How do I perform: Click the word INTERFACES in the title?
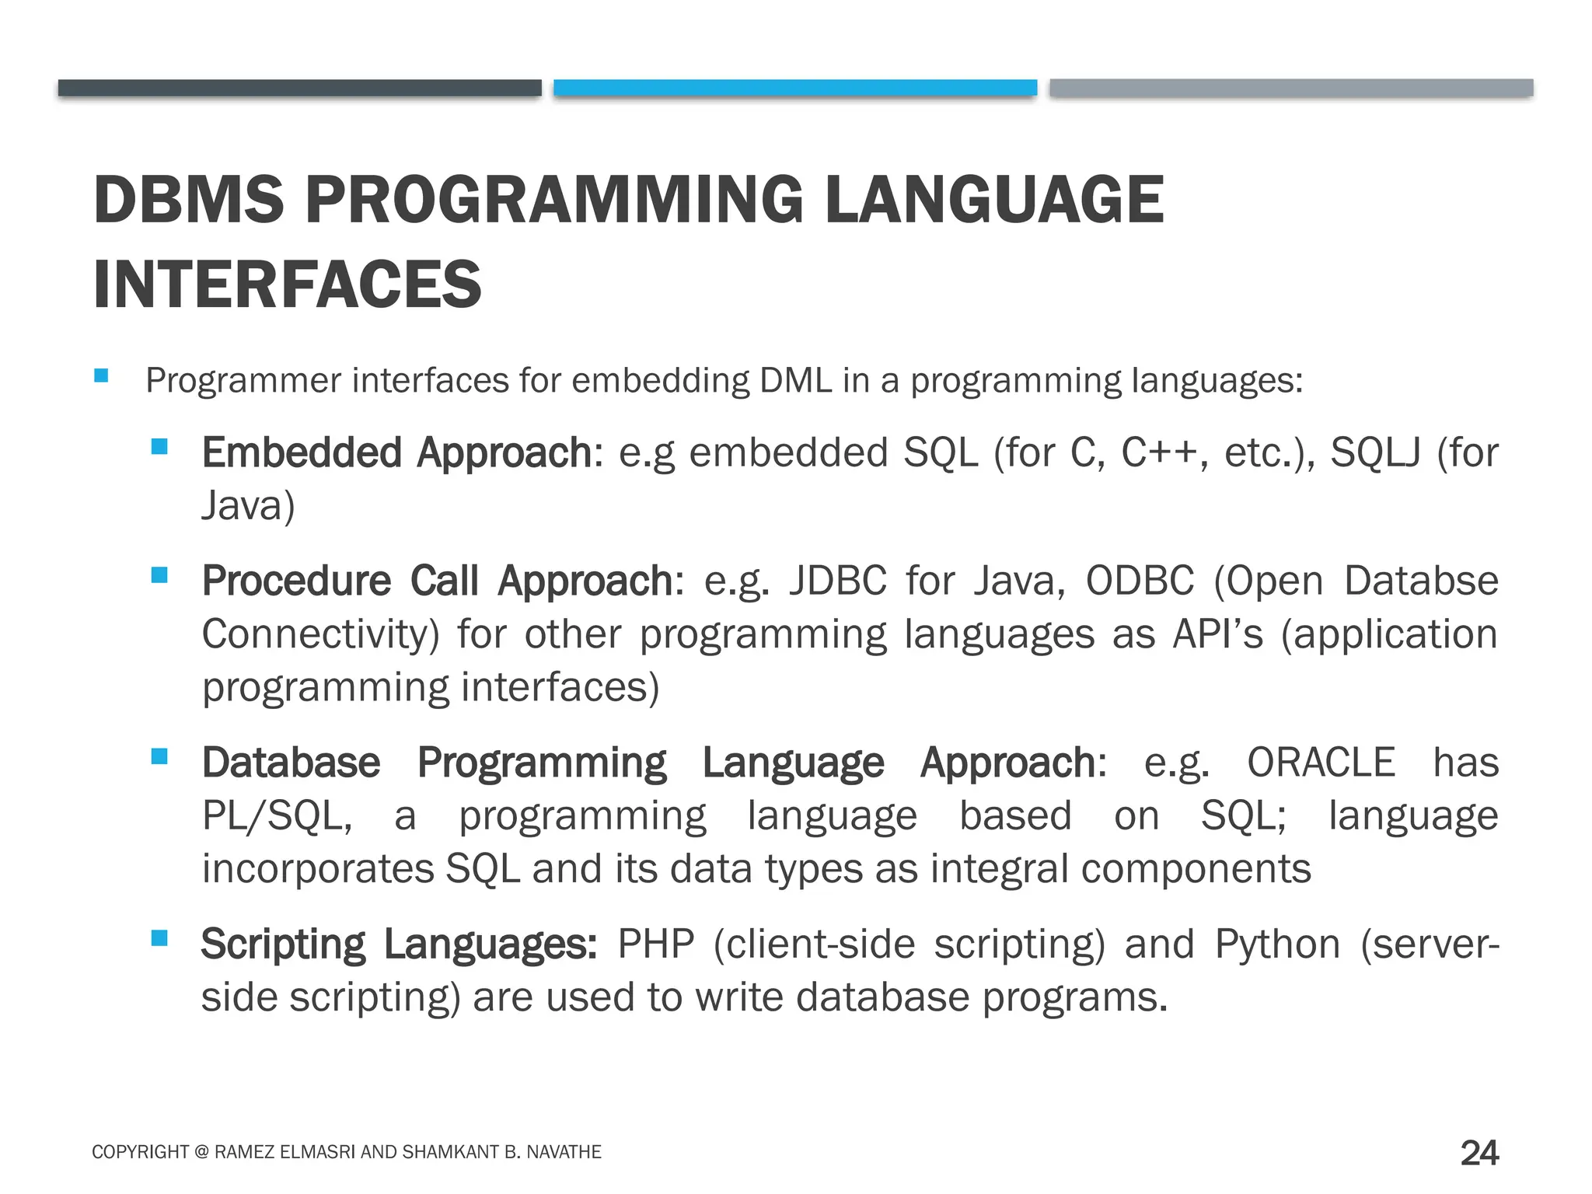[x=287, y=285]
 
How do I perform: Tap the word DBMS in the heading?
[x=189, y=200]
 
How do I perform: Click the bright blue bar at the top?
[x=794, y=87]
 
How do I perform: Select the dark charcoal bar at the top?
[x=299, y=87]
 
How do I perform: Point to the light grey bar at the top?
[x=1290, y=87]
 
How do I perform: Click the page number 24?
[x=1479, y=1152]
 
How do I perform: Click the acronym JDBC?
[x=837, y=581]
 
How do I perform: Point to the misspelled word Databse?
[x=1421, y=581]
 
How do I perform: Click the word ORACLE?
[x=1321, y=763]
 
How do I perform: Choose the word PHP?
[x=655, y=944]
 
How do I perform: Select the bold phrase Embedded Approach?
[x=396, y=452]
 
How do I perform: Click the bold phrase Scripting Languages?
[x=398, y=944]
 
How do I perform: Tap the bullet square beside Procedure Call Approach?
[x=159, y=575]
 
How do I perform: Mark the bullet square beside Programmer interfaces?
[x=101, y=376]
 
